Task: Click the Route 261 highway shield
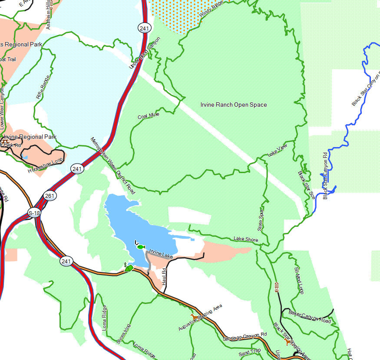coord(50,196)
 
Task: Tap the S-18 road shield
coord(34,213)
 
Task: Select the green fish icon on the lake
coord(140,247)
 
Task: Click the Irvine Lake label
coord(161,254)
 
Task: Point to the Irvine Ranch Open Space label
coord(234,105)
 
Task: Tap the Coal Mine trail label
coord(149,116)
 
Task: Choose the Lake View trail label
coord(278,150)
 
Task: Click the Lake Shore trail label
coord(246,239)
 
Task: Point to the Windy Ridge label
coord(211,9)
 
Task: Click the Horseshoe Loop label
coord(45,165)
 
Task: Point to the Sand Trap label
coord(250,352)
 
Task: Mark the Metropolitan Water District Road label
coord(112,166)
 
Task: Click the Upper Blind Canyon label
coord(145,52)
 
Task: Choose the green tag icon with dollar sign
coord(129,268)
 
